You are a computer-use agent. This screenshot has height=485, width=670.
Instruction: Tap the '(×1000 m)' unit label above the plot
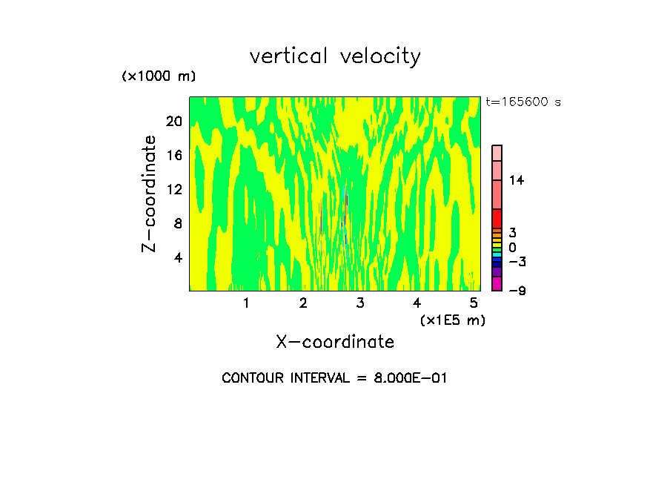point(158,76)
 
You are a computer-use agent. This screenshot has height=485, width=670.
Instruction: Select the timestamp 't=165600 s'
point(523,102)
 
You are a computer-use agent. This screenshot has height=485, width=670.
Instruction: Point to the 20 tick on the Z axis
point(173,121)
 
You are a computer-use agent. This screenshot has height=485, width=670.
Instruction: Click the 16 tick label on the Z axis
point(173,155)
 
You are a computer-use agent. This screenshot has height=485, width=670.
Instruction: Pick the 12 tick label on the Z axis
point(173,189)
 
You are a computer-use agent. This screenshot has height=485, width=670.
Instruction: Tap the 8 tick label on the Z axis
point(177,223)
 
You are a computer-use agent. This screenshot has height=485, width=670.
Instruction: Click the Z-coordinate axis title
point(150,194)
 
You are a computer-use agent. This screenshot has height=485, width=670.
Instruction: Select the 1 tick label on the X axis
point(246,303)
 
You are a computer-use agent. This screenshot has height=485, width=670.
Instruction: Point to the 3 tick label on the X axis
point(360,303)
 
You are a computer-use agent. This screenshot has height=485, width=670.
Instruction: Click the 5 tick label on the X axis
point(474,303)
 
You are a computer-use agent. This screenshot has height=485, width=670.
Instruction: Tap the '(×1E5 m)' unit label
point(452,320)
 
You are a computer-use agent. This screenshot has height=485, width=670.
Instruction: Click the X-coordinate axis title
point(335,342)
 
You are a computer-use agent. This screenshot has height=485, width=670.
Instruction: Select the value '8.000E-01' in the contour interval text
point(407,378)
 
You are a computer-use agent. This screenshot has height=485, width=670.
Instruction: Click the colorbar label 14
point(517,180)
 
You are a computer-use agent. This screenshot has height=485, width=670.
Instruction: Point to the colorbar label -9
point(517,291)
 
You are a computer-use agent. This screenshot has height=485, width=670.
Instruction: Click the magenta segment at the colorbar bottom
point(497,283)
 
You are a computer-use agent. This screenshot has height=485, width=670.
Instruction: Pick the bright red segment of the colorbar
point(497,219)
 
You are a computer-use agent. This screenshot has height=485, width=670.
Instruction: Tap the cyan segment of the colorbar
point(497,255)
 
